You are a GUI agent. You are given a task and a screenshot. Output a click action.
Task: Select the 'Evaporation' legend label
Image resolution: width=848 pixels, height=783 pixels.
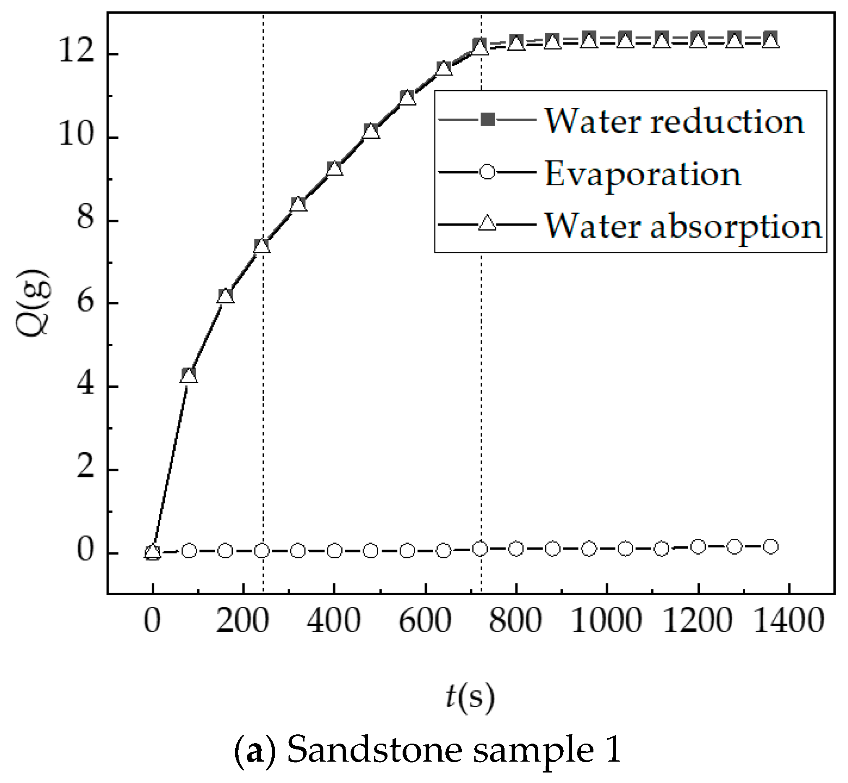tap(643, 174)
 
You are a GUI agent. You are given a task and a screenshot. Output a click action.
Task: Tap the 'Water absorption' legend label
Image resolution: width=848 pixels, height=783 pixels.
tap(683, 226)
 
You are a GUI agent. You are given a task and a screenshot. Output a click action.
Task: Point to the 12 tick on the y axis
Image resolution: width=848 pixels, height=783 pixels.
tap(76, 54)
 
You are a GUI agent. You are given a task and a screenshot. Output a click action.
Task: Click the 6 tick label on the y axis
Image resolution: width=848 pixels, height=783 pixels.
tap(85, 303)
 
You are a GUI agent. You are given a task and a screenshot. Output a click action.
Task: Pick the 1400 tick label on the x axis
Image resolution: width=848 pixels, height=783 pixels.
tap(788, 621)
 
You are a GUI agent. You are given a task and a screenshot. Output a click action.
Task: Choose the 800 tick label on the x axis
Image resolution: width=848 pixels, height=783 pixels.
tap(515, 621)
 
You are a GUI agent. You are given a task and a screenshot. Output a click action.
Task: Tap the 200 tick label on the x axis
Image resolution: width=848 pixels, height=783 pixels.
tap(242, 621)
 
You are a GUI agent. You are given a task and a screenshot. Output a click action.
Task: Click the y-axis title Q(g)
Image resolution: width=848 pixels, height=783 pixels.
tap(33, 303)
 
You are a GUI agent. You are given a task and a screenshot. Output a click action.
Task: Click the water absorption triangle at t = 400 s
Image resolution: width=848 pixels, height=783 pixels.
tap(335, 169)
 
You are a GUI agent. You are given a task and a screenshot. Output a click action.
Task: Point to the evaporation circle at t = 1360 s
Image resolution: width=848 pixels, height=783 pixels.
tap(771, 547)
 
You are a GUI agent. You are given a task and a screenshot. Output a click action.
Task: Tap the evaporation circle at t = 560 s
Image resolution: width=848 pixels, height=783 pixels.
tap(407, 551)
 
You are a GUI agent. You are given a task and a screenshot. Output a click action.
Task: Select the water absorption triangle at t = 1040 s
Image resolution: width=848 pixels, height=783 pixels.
tap(625, 41)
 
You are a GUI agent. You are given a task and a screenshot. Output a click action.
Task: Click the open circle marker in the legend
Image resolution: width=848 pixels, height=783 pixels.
tap(487, 172)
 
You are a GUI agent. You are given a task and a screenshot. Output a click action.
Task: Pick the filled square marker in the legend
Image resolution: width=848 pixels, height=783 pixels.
tap(488, 120)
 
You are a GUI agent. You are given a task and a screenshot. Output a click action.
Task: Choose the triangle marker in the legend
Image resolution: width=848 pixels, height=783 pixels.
tap(487, 223)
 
